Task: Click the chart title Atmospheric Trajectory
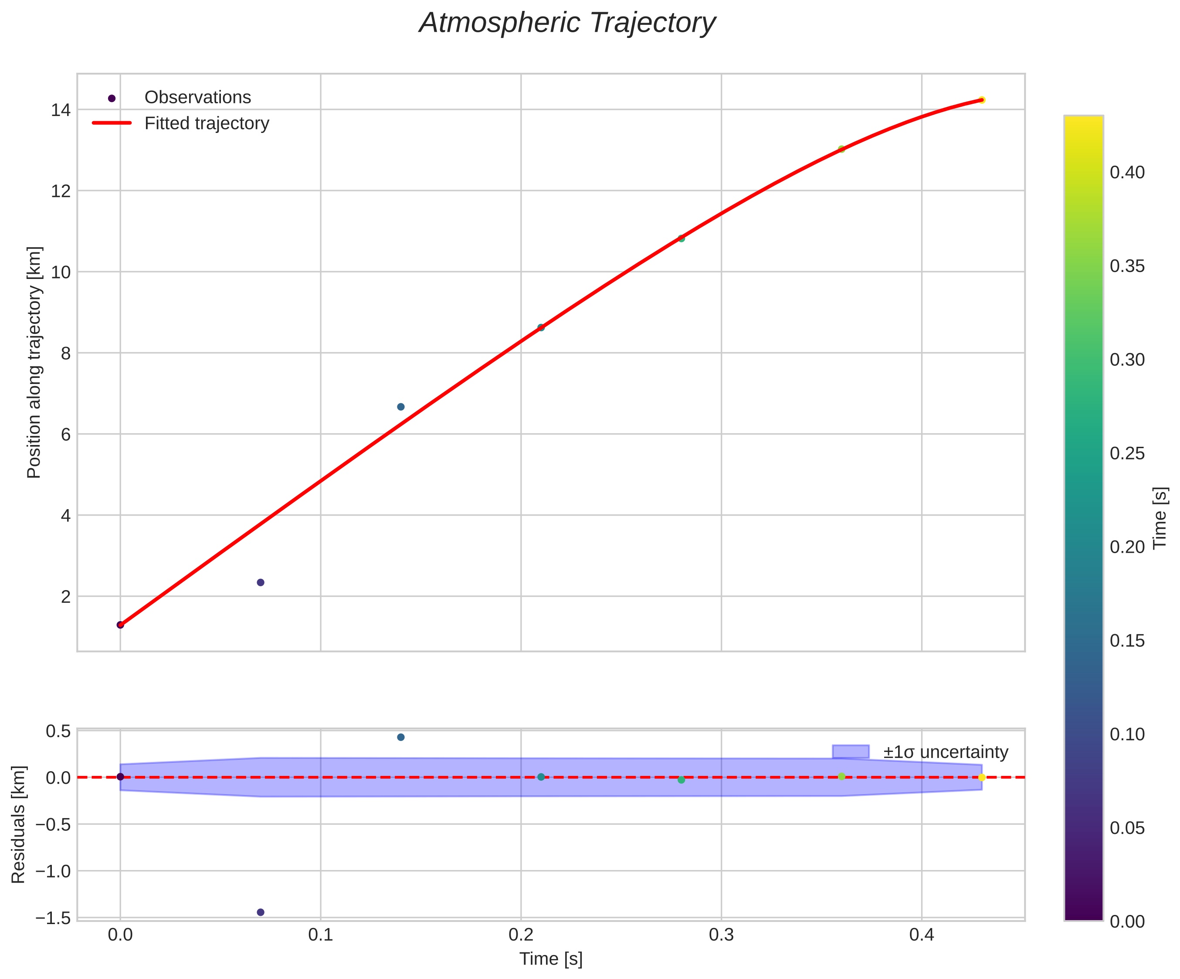tap(567, 24)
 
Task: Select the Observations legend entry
tap(197, 98)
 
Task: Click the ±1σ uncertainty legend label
tap(946, 752)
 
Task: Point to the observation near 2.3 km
tap(261, 582)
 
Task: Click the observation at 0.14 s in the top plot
tap(400, 407)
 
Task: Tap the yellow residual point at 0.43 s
tap(982, 778)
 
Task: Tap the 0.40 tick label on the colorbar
tap(1127, 173)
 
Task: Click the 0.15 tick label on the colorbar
tap(1127, 641)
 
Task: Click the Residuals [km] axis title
tap(19, 824)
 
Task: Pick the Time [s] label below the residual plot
tap(551, 959)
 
